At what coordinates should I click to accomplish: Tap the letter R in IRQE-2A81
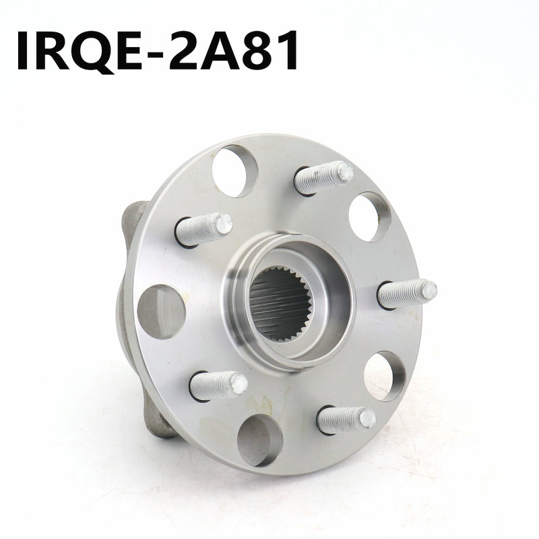click(47, 51)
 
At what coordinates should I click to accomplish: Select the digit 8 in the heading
click(257, 51)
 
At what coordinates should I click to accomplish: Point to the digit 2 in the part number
click(185, 51)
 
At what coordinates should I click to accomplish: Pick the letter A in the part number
click(221, 51)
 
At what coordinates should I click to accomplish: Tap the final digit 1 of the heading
click(288, 51)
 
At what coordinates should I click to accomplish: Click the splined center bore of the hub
click(280, 304)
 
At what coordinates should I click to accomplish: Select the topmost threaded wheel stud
click(324, 178)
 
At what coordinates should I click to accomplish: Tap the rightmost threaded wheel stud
click(408, 294)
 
